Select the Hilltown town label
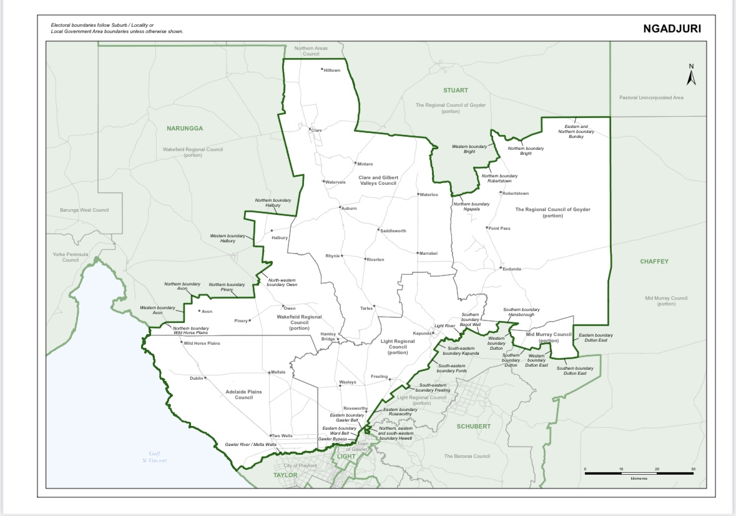pos(331,71)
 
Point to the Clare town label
pos(316,130)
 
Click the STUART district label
pos(456,91)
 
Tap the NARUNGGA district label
pos(185,128)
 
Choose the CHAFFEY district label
pos(654,262)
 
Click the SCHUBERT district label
pos(473,426)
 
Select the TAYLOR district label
pos(286,475)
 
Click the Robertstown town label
pos(515,194)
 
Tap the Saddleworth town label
pos(393,231)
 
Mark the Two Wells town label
pos(282,436)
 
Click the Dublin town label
pos(197,379)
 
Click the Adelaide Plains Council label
pos(243,394)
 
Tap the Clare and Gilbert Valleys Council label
pos(378,181)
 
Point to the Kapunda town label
pos(423,334)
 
